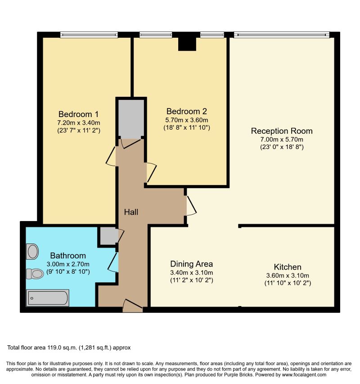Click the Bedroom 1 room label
click(x=79, y=113)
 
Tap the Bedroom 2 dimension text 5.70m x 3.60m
click(x=187, y=120)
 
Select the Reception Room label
click(x=282, y=131)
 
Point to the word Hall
click(x=131, y=212)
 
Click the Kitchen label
click(x=288, y=267)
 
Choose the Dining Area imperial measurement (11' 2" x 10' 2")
click(x=191, y=280)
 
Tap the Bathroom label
click(x=67, y=255)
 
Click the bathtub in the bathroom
click(x=48, y=298)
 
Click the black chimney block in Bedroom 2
click(x=187, y=43)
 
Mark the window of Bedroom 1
click(x=89, y=35)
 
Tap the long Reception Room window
click(x=281, y=35)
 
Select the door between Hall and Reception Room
click(x=191, y=206)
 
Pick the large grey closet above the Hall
click(x=131, y=119)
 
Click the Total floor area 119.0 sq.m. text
click(x=69, y=348)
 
